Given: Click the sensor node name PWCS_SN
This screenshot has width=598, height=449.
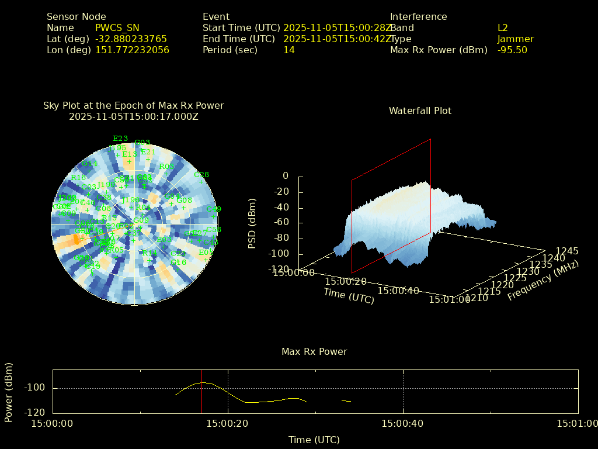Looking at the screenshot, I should (x=117, y=27).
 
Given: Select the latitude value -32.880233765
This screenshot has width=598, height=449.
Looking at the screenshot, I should (x=131, y=39).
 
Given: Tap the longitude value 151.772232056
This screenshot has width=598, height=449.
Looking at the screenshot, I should (x=132, y=50).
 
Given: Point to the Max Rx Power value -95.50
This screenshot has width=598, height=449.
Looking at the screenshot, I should (x=512, y=50).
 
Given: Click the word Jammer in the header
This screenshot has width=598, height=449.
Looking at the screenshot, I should (x=515, y=39).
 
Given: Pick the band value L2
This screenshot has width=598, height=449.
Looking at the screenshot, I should (x=502, y=27).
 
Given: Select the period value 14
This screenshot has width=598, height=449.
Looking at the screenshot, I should (x=288, y=50).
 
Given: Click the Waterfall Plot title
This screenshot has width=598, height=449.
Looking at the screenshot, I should (x=420, y=110).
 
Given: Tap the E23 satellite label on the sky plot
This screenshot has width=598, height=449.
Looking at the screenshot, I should (x=120, y=139).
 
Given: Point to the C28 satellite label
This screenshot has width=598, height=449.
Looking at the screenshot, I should (x=201, y=175).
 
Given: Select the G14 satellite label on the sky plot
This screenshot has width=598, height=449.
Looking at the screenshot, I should (x=89, y=164).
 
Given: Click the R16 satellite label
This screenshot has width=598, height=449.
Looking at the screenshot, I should (x=78, y=178).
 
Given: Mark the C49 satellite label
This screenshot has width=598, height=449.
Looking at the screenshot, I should (x=214, y=209).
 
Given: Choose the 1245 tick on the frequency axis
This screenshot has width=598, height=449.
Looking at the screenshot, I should (x=567, y=251).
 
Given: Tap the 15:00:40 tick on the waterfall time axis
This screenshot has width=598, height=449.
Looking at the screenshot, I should (x=398, y=290).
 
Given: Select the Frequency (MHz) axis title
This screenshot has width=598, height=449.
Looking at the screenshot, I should (x=543, y=281).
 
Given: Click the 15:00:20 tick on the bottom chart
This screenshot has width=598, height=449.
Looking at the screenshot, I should (x=228, y=423).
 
